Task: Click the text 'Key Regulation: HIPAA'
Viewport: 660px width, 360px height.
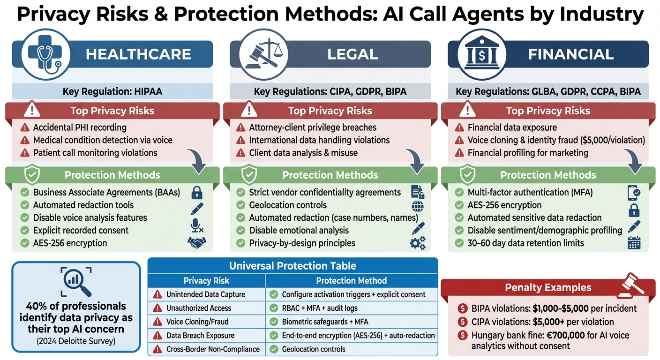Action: tap(112, 91)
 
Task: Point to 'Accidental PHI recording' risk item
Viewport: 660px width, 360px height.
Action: tap(80, 127)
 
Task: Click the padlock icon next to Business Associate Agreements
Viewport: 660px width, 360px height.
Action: tap(197, 192)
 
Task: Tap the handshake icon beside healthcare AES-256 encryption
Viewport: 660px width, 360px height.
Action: tap(197, 243)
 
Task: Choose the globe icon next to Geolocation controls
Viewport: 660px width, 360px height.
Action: tap(417, 205)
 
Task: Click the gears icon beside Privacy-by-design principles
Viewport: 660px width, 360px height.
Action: tap(417, 243)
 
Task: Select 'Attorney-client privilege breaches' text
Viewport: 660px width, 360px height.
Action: tap(313, 127)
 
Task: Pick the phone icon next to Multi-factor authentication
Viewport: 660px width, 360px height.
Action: tap(634, 192)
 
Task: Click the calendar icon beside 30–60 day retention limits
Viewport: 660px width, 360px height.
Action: tap(634, 243)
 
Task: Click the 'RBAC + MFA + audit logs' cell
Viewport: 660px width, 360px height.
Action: tap(320, 308)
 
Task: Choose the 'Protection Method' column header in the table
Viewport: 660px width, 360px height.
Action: tap(351, 281)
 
